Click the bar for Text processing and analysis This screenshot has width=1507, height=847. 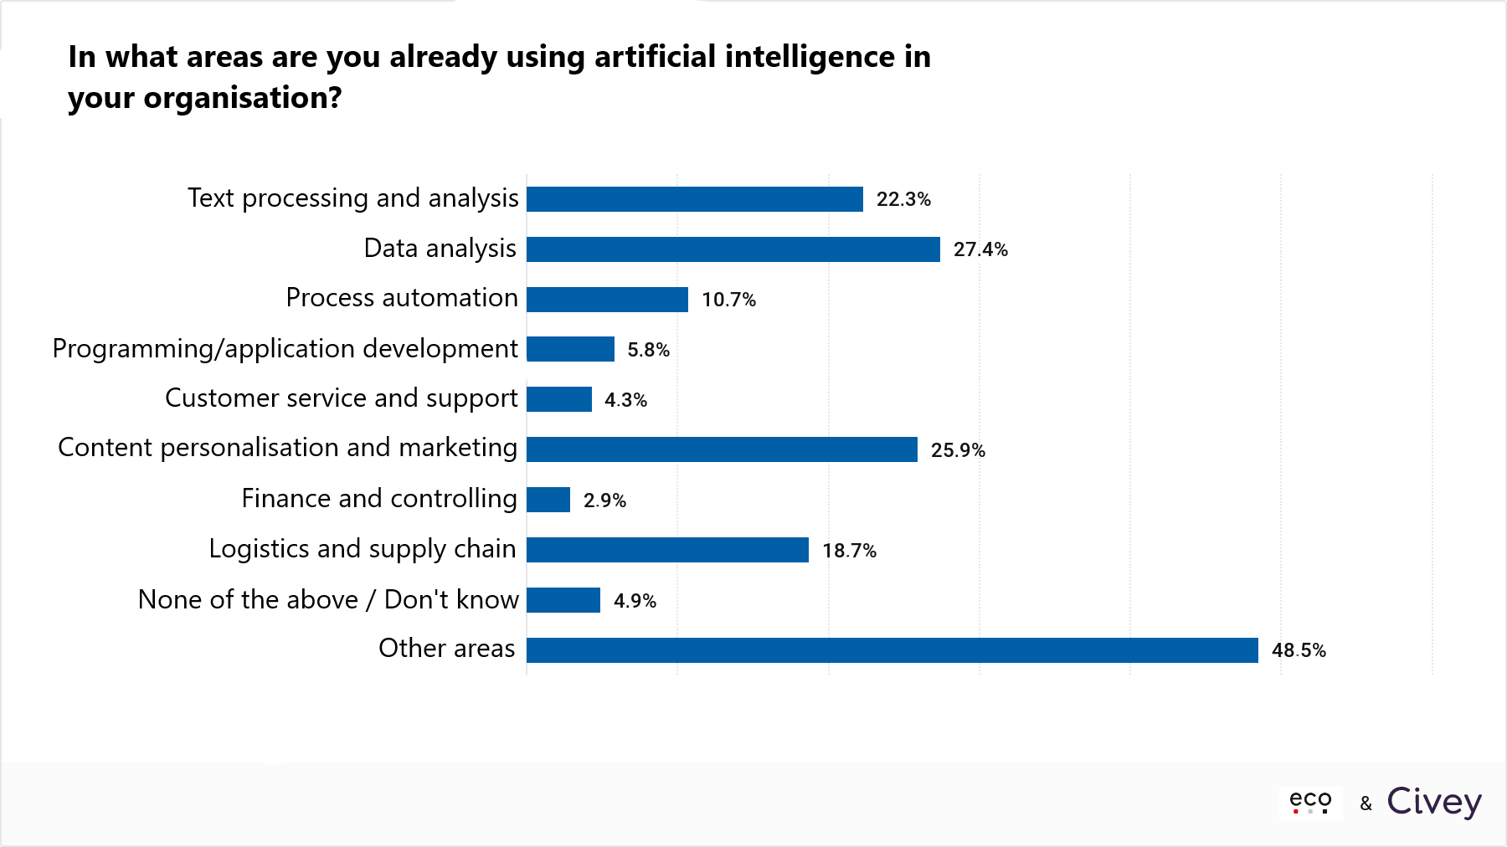click(x=695, y=199)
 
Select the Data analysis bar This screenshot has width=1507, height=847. click(x=733, y=249)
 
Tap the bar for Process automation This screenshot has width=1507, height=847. click(x=607, y=300)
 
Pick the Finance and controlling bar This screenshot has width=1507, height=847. click(x=548, y=500)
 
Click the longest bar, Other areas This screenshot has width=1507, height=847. click(x=892, y=650)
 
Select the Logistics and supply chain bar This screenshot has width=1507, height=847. click(x=667, y=550)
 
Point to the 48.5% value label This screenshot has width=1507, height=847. click(x=1299, y=650)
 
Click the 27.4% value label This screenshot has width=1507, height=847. click(x=980, y=249)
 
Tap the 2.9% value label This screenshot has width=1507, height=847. click(x=604, y=501)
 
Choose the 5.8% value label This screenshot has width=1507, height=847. click(x=649, y=350)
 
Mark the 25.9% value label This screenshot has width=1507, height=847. click(x=958, y=450)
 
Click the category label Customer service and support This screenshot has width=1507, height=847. click(x=342, y=398)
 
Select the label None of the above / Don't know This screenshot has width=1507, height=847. click(x=328, y=599)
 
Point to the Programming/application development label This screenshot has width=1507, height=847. click(x=285, y=348)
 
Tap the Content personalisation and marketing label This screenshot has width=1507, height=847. click(x=288, y=448)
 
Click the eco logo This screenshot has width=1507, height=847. click(x=1310, y=802)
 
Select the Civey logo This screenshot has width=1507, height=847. click(x=1434, y=802)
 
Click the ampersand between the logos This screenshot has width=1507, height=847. click(x=1366, y=803)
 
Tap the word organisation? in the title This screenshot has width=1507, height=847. click(x=243, y=98)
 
